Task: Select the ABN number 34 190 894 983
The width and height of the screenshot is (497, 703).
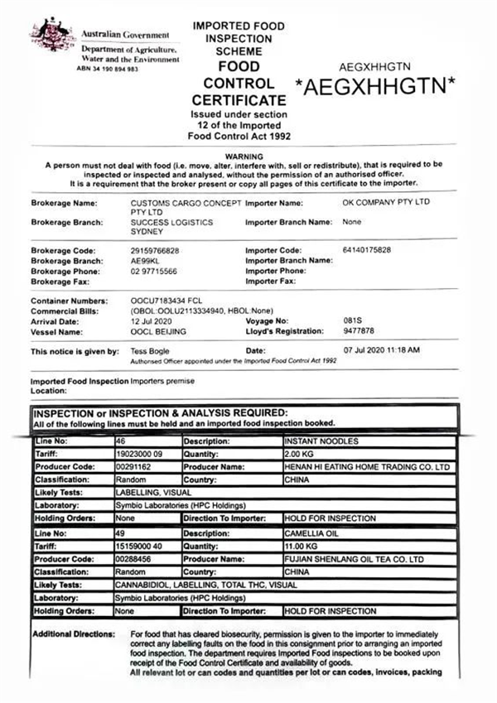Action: coord(109,68)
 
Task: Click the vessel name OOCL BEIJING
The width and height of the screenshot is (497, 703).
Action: coord(160,331)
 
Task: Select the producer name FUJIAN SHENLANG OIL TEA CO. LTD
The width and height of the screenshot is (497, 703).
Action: coord(355,560)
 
